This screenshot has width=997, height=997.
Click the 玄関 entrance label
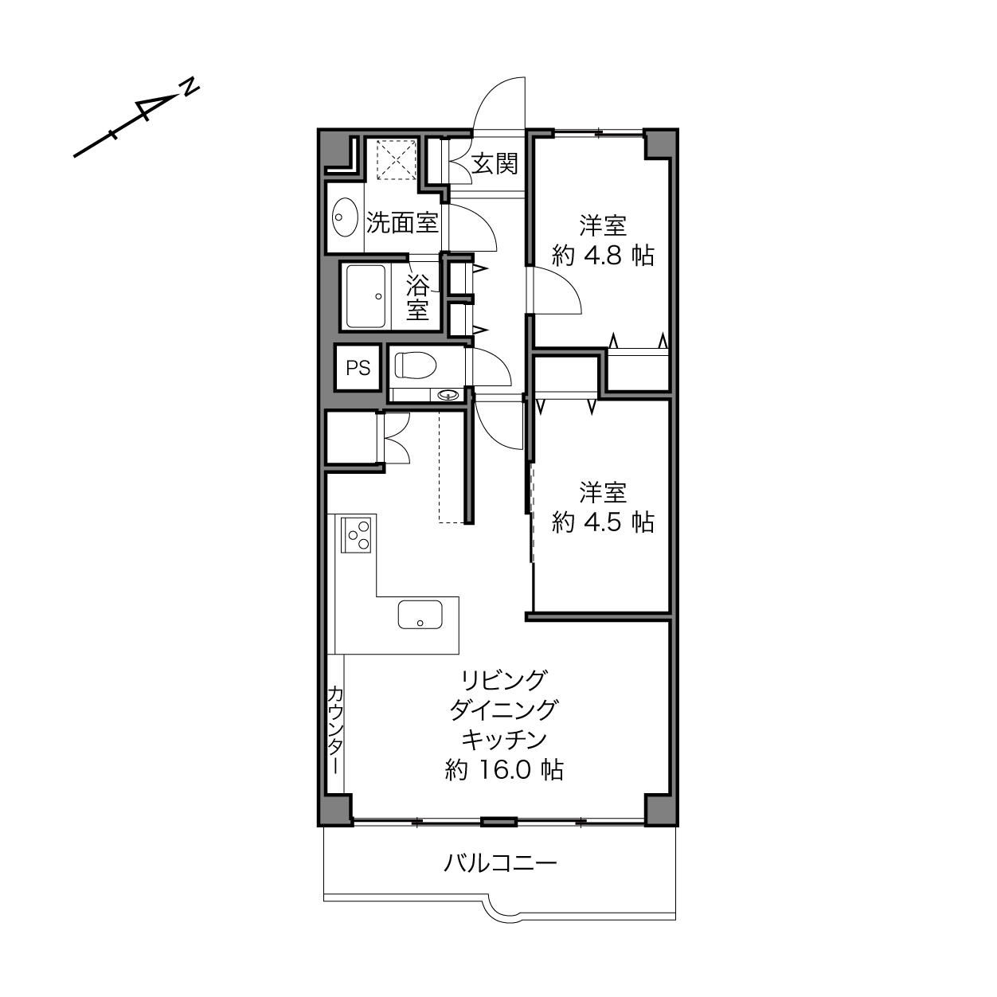[x=494, y=164]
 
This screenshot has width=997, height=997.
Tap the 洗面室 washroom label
[x=402, y=223]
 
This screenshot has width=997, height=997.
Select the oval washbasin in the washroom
[x=345, y=217]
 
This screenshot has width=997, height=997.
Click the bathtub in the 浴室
[x=366, y=296]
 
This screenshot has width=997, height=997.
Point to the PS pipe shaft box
[x=358, y=368]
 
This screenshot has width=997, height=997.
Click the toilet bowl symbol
[x=416, y=366]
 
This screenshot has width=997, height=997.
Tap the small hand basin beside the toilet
[x=448, y=396]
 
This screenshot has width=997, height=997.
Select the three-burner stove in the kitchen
[x=356, y=535]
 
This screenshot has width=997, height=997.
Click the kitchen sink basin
[x=420, y=615]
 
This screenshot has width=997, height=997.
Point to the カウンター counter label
[x=335, y=730]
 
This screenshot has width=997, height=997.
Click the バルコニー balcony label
[x=500, y=863]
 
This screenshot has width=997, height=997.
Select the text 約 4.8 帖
[x=603, y=256]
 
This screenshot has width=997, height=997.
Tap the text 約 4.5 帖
[x=603, y=522]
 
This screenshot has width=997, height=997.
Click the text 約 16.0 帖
[x=504, y=770]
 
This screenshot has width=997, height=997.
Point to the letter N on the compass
[x=190, y=87]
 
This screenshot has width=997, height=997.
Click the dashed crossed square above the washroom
[x=397, y=159]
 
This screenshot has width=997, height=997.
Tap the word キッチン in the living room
[x=504, y=740]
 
